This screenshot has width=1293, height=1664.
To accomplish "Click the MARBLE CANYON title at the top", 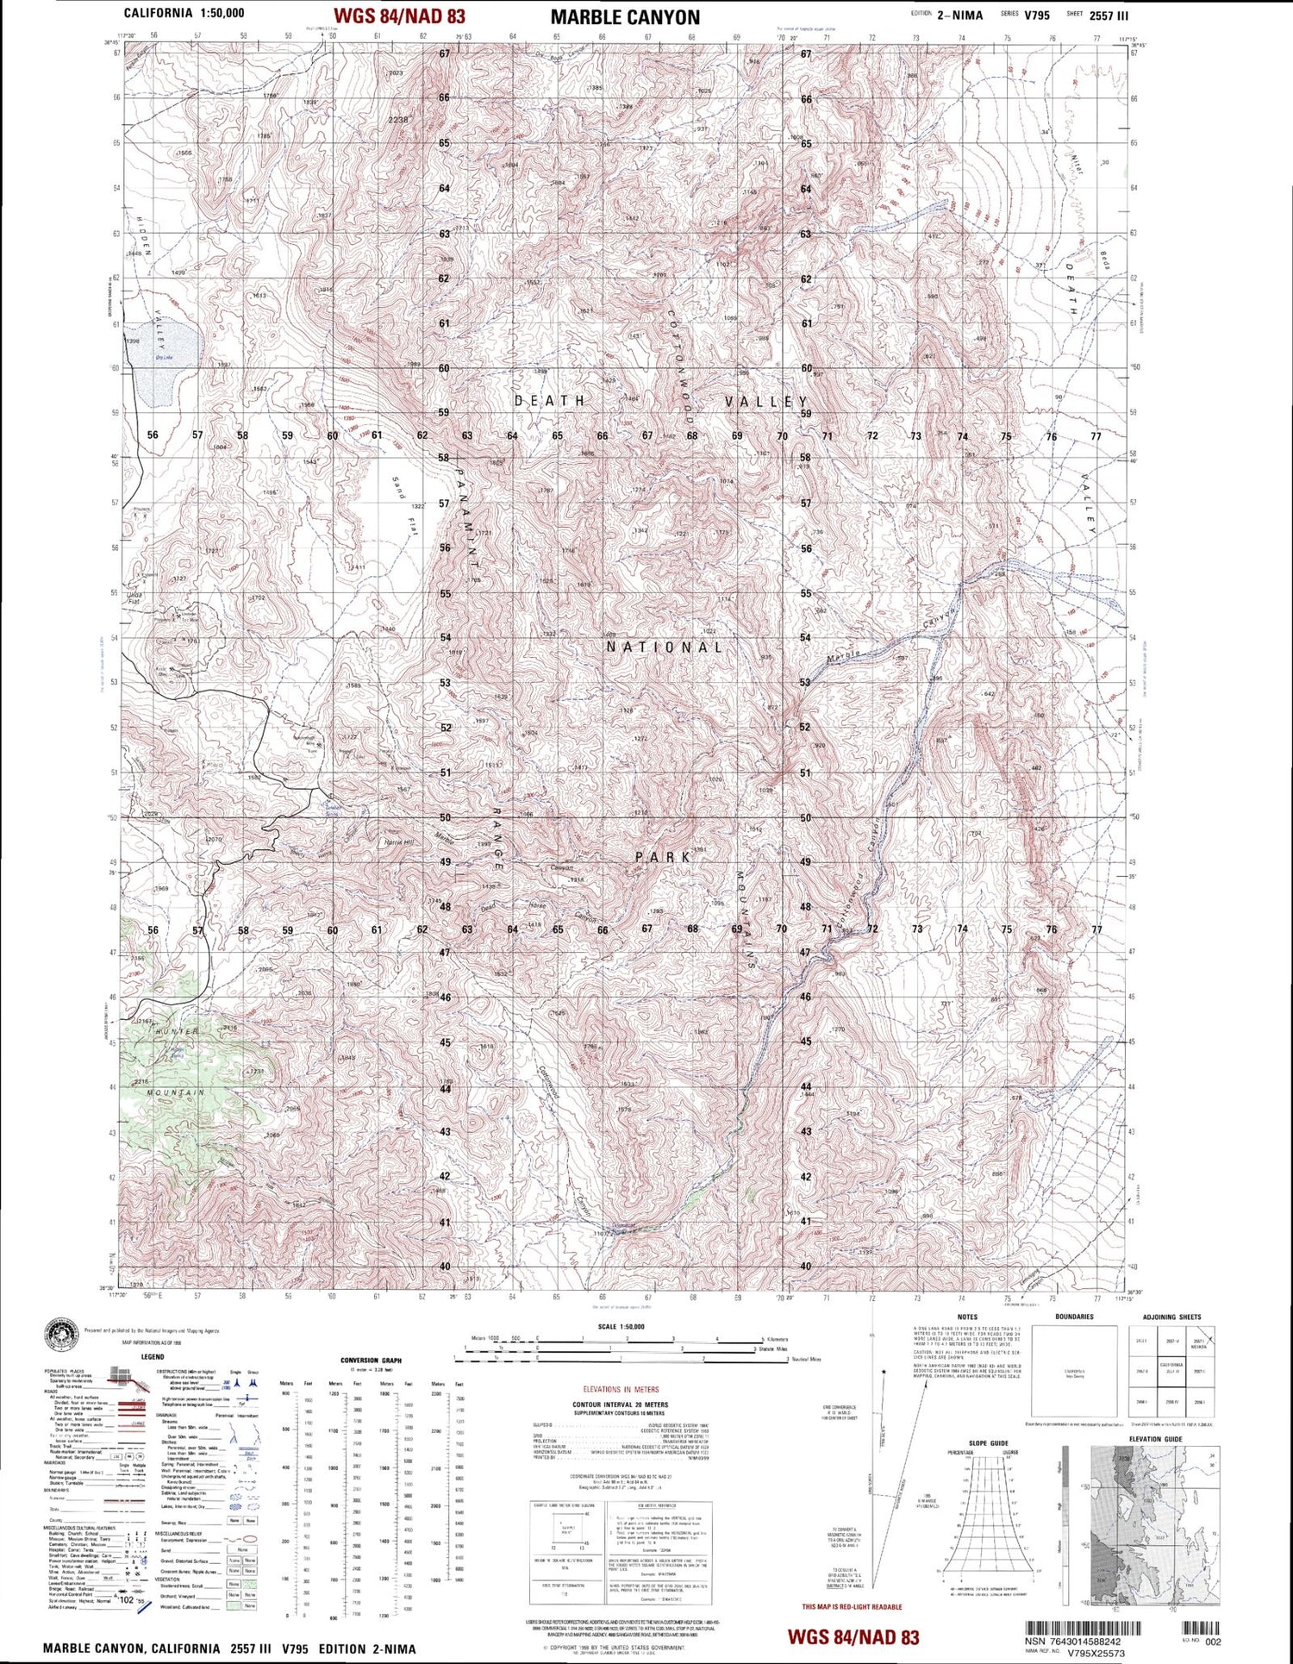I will tap(625, 17).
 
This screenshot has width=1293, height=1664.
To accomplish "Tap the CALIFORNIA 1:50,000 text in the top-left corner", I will tap(184, 13).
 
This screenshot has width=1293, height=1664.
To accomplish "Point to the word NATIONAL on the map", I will tap(665, 647).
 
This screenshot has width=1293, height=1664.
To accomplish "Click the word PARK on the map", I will tap(663, 857).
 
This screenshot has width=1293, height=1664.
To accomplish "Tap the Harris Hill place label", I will tap(398, 841).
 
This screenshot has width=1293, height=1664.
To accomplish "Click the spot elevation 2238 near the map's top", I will tap(397, 120).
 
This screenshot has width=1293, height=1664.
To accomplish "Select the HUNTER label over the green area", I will tap(177, 1031).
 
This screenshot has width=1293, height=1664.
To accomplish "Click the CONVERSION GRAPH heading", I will tap(371, 1361).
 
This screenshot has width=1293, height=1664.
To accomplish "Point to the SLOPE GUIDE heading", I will tap(988, 1443).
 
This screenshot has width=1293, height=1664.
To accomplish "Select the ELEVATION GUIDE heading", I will tap(1155, 1439).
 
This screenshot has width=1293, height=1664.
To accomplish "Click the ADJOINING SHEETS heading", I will tap(1171, 1317).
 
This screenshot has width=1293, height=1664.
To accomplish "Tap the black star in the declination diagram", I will tap(883, 1370).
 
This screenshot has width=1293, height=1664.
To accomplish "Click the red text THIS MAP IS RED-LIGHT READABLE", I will tap(852, 1607).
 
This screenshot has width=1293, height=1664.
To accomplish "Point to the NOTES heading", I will tap(967, 1317).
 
